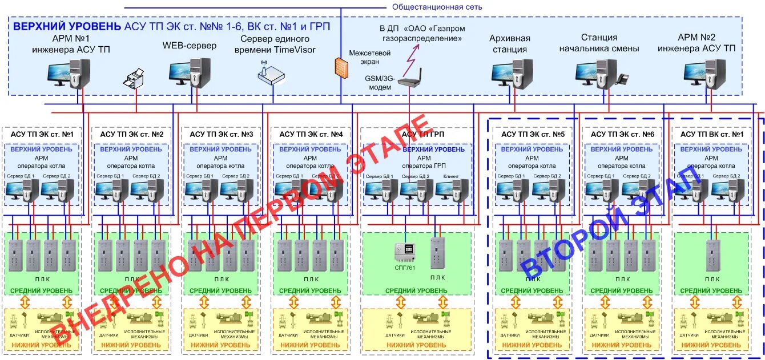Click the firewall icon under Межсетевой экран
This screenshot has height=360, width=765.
pos(341,66)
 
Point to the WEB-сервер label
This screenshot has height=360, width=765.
pos(190,46)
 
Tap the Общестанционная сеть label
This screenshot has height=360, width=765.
pos(437,7)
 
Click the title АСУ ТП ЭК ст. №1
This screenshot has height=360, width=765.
pos(42,135)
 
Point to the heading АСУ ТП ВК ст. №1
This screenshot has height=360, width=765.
pos(712,135)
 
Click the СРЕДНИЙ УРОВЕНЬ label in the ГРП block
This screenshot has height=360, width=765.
pos(416,291)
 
